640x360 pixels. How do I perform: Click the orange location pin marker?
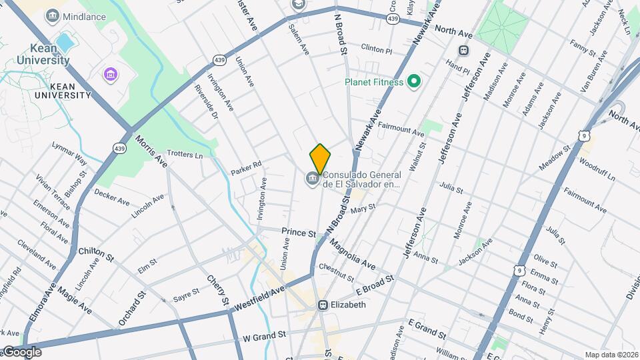tap(320, 159)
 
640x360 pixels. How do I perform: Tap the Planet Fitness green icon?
tap(413, 82)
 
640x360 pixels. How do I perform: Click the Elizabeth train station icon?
tap(323, 305)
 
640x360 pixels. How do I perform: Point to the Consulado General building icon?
tap(311, 178)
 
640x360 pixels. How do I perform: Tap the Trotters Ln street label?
tap(185, 154)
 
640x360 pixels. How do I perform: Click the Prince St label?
tap(298, 233)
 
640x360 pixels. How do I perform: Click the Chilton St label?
tap(97, 252)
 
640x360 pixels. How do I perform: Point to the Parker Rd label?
tap(246, 167)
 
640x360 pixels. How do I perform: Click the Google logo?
tap(21, 351)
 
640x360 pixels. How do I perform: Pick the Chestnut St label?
tap(335, 272)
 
